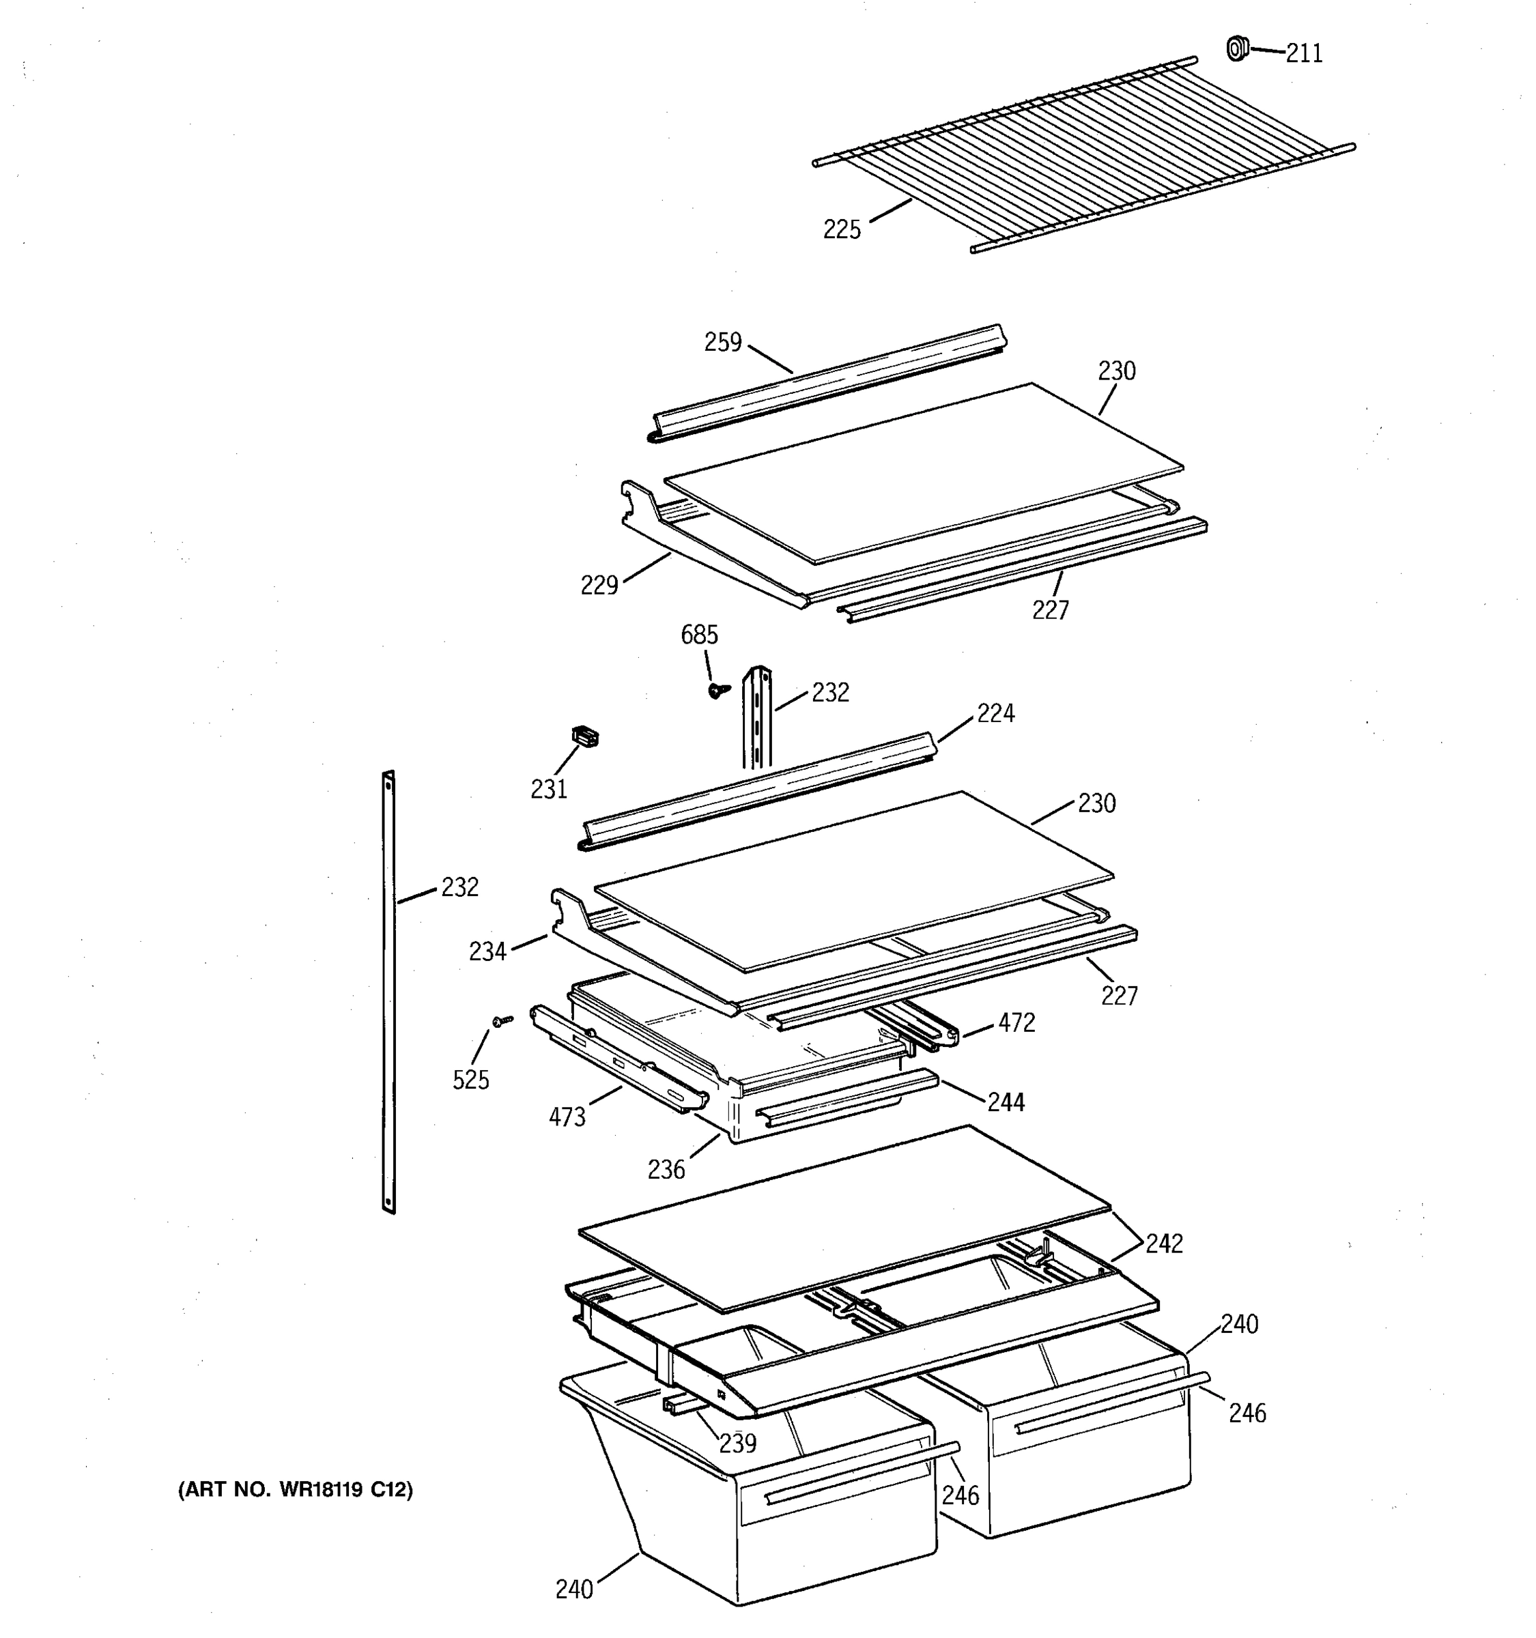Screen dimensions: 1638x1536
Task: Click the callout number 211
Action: [x=1304, y=53]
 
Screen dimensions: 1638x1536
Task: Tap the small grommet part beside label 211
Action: [x=1236, y=48]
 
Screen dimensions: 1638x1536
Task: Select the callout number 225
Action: [x=841, y=230]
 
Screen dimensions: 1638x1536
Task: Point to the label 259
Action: [x=723, y=342]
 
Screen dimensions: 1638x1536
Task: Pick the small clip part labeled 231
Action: [x=584, y=736]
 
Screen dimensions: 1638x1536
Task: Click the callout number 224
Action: [x=995, y=713]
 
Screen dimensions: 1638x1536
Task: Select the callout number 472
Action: [x=1016, y=1022]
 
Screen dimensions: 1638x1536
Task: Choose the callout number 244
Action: [x=1006, y=1102]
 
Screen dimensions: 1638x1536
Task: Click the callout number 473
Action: [x=567, y=1117]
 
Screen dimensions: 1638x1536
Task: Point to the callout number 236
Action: [x=666, y=1169]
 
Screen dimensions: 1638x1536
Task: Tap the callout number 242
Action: [x=1163, y=1244]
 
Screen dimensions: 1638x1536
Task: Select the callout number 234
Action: [x=487, y=951]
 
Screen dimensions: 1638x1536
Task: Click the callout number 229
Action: [x=599, y=586]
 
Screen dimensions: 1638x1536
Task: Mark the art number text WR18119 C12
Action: [x=295, y=1490]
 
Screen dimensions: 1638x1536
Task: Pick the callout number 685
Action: [x=699, y=635]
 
